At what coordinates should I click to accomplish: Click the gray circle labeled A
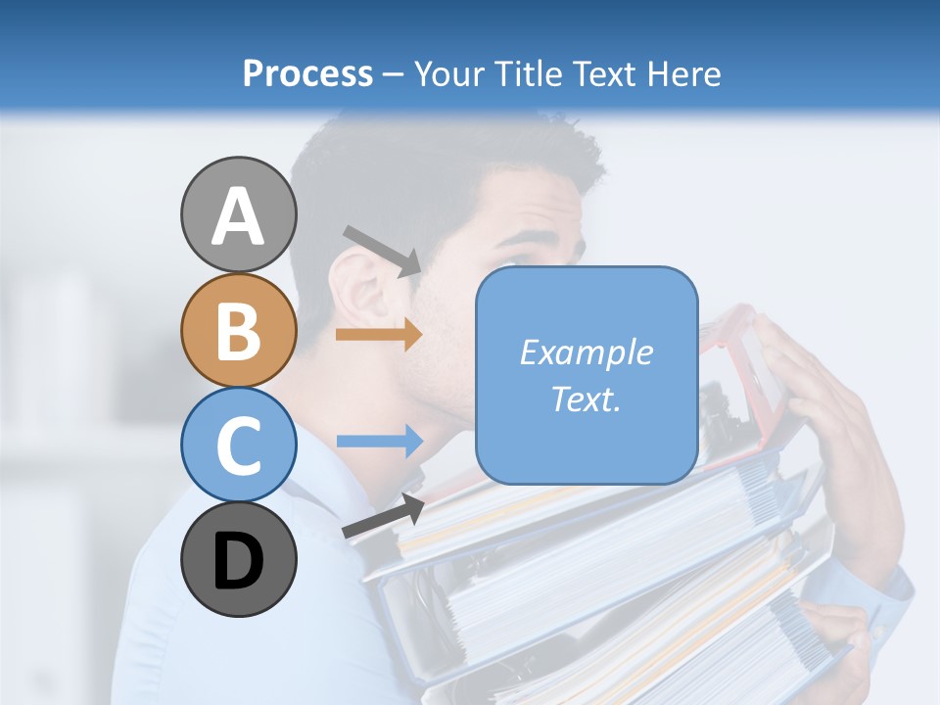tap(238, 214)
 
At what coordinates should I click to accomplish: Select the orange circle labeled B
tap(238, 330)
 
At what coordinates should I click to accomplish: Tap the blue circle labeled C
tap(238, 446)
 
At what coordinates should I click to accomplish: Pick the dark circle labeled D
tap(238, 560)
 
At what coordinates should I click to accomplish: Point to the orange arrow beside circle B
tap(378, 335)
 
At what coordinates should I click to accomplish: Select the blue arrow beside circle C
tap(379, 442)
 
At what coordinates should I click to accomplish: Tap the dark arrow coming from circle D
tap(383, 516)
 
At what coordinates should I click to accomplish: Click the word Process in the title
tap(307, 73)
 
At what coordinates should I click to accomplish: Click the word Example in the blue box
tap(586, 352)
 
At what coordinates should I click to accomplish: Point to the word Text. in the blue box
tap(586, 399)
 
